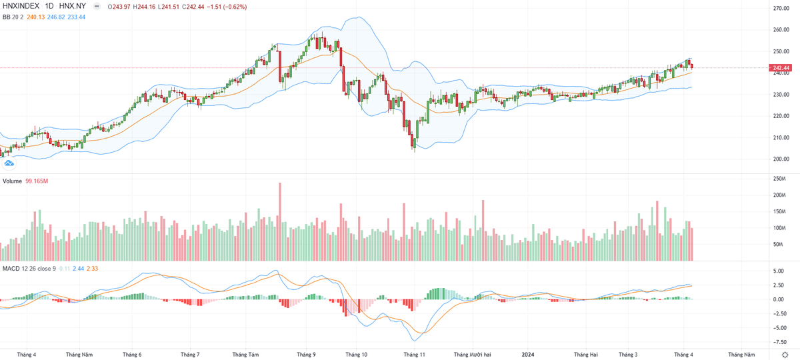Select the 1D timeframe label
[x=51, y=6]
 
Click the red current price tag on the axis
[x=781, y=68]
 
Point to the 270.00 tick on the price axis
[x=781, y=9]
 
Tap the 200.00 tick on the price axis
[x=781, y=159]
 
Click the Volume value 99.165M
[x=39, y=181]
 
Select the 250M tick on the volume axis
[x=777, y=179]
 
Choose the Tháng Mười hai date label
[x=472, y=355]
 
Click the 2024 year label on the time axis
[x=528, y=355]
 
